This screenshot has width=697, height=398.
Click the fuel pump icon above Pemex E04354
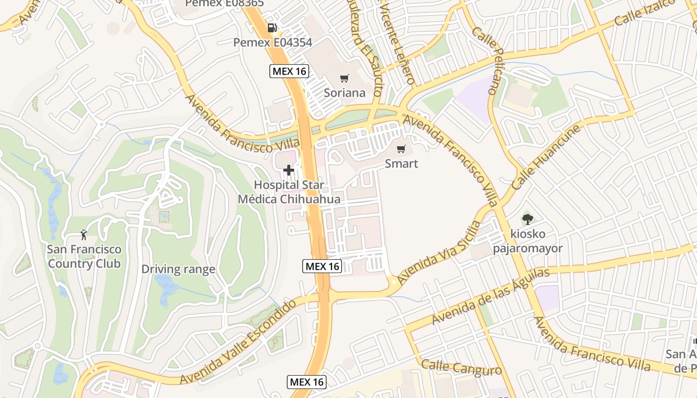[272, 28]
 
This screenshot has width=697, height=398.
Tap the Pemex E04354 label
[272, 43]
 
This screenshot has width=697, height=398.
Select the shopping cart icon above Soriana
[344, 78]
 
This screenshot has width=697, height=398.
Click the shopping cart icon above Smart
[401, 149]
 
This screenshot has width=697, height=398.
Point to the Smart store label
[401, 164]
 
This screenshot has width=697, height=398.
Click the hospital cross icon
[289, 171]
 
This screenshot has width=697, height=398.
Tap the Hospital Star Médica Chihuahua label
[289, 192]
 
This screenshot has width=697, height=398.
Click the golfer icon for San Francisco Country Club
[84, 235]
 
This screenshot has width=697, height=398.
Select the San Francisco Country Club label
[84, 256]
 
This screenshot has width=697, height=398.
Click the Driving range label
[178, 269]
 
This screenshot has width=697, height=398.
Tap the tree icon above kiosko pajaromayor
[528, 218]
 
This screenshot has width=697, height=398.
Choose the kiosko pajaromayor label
[528, 241]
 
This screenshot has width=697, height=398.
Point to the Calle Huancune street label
[546, 157]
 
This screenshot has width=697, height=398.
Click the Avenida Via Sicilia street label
[439, 254]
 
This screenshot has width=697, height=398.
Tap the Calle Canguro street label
[462, 368]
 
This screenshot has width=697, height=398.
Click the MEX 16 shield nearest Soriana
[289, 71]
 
